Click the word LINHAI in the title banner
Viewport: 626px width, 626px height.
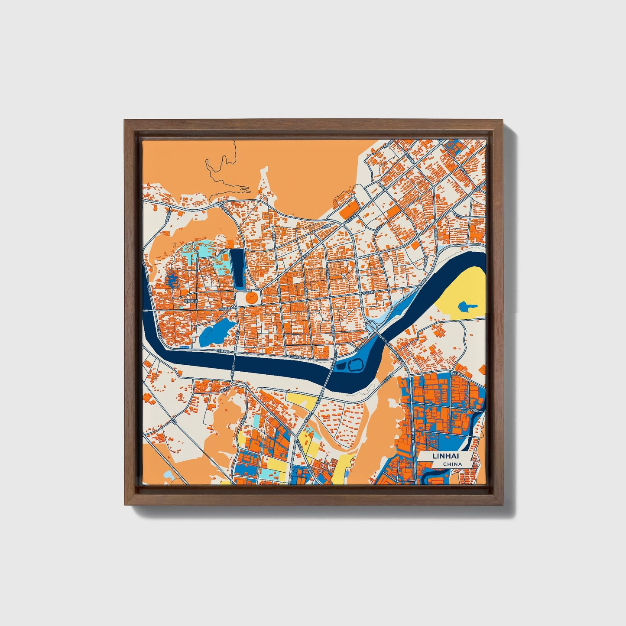[445, 456]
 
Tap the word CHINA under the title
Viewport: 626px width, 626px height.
[452, 464]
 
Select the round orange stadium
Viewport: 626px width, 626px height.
[251, 298]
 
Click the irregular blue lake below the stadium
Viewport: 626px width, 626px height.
[215, 332]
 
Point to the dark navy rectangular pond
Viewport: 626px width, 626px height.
[237, 269]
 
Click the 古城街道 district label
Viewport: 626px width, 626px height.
[190, 300]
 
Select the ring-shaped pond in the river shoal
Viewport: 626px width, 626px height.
[355, 365]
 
